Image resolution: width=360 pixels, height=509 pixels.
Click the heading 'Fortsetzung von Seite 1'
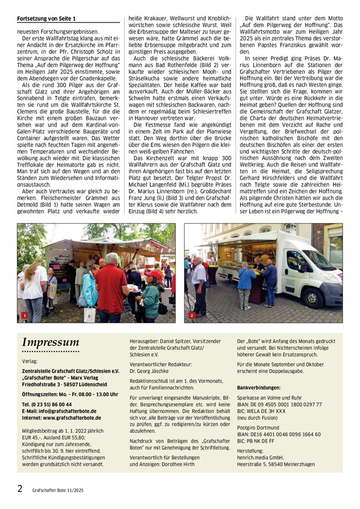coord(46,19)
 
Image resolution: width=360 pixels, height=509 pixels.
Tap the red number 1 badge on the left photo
coord(24,317)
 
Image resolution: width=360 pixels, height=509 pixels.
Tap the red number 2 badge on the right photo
coord(192,316)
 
